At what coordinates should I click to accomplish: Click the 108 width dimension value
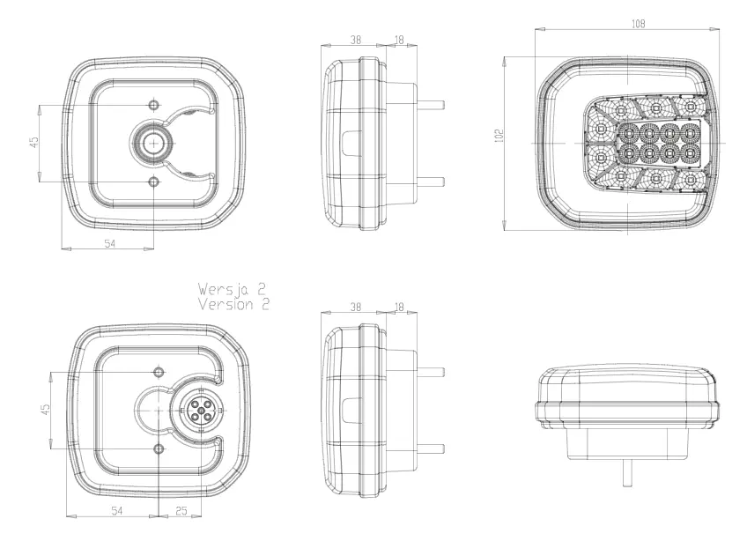pyautogui.click(x=638, y=24)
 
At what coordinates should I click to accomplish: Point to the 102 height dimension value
pyautogui.click(x=499, y=136)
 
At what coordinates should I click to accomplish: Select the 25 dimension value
pyautogui.click(x=181, y=511)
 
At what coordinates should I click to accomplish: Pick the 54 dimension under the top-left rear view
pyautogui.click(x=110, y=243)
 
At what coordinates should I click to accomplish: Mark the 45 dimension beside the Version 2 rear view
pyautogui.click(x=45, y=410)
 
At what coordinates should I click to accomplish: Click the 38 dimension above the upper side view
pyautogui.click(x=356, y=40)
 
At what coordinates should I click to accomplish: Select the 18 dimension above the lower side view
pyautogui.click(x=399, y=307)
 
